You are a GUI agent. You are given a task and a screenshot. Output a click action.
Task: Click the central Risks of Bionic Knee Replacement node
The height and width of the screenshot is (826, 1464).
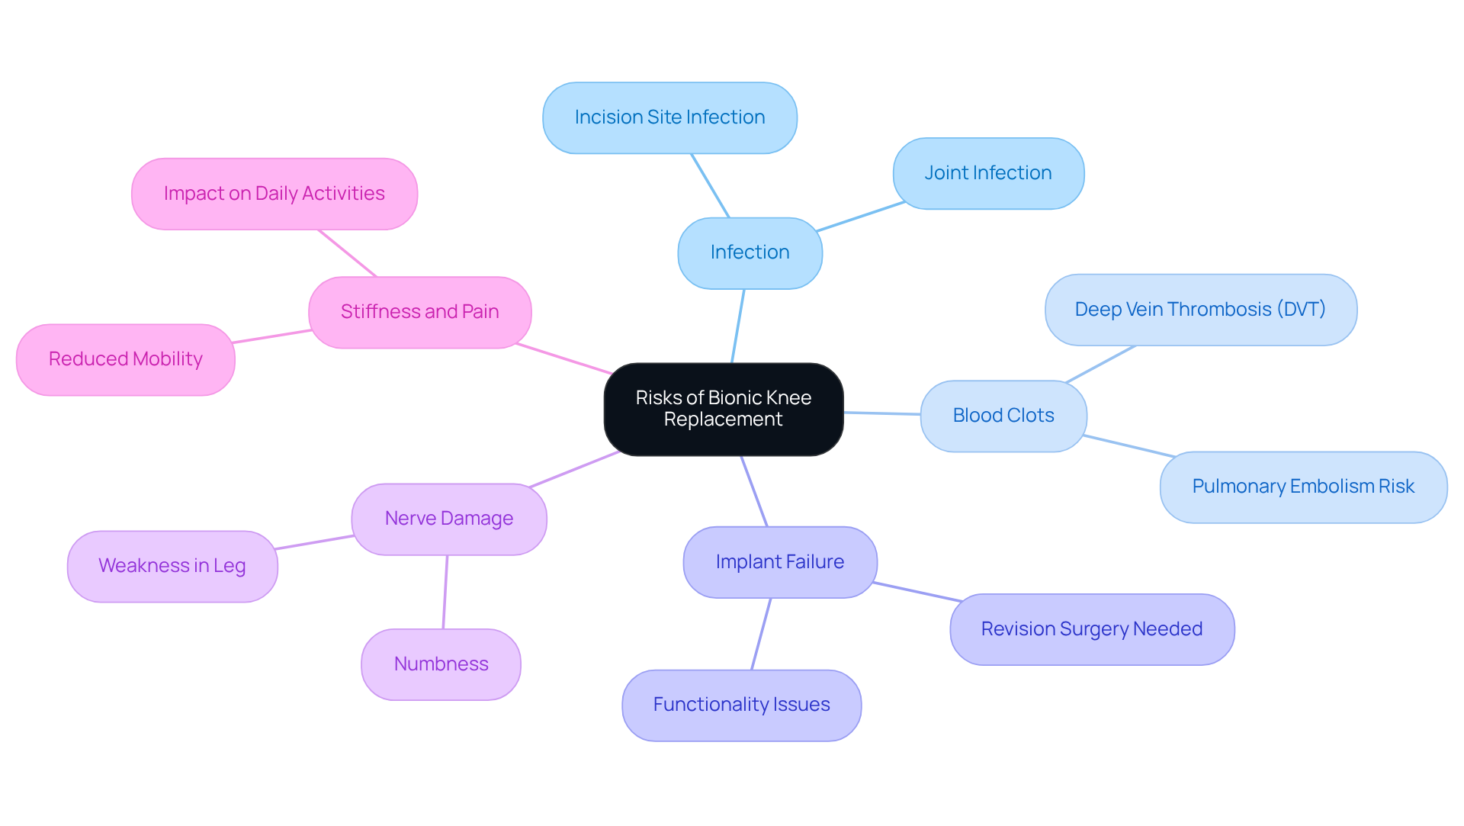tap(723, 409)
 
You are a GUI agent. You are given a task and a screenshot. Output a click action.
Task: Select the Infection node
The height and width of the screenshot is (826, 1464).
tap(750, 252)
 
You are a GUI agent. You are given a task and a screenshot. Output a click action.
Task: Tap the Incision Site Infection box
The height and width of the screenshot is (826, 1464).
tap(669, 117)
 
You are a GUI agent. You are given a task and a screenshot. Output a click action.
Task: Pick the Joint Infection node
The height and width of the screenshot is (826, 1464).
tap(987, 173)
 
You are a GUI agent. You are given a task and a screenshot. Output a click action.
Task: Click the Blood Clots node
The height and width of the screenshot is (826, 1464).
tap(1003, 416)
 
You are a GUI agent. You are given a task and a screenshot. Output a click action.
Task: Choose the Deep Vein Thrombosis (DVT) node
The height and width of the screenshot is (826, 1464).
tap(1200, 310)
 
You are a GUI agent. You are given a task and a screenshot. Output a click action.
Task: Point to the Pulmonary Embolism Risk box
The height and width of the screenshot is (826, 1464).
tap(1302, 487)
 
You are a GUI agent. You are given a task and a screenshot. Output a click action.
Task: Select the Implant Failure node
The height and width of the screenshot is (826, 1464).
tap(779, 562)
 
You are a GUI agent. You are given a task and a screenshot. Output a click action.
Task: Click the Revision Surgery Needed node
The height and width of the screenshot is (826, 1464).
tap(1091, 629)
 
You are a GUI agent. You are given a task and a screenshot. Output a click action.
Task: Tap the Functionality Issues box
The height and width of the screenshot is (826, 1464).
tap(741, 705)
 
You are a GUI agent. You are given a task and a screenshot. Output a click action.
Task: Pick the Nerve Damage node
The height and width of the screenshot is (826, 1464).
tap(448, 519)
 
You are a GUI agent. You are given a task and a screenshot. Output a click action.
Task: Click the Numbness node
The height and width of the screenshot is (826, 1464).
tap(441, 664)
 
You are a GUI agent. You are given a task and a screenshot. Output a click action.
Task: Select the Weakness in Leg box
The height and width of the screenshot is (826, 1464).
tap(172, 566)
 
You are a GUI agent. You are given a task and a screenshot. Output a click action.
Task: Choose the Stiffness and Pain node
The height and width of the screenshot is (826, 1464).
tap(419, 312)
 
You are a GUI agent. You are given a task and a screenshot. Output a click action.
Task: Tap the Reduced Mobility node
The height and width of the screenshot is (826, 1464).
tap(125, 359)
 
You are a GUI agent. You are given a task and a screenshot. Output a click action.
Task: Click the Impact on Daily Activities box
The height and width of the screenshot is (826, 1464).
tap(274, 194)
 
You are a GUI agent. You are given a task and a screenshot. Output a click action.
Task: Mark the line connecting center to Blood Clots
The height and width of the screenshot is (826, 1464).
tap(882, 413)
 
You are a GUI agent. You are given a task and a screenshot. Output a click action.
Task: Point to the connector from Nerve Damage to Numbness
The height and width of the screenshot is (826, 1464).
tap(445, 592)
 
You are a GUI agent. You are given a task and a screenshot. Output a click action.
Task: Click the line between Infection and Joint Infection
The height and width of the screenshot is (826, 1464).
tap(860, 217)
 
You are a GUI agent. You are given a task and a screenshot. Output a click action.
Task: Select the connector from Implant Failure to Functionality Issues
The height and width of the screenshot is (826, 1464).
tap(761, 634)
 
